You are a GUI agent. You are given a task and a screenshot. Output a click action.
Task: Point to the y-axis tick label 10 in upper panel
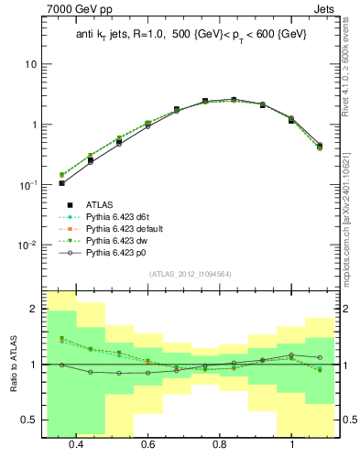click(31, 65)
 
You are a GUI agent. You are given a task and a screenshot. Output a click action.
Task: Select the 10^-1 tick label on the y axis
click(28, 185)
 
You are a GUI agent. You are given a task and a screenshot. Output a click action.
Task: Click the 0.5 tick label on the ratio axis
click(31, 420)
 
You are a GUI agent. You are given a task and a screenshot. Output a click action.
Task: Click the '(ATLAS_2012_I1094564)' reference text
click(189, 274)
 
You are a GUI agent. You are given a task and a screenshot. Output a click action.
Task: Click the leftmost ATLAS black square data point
click(61, 183)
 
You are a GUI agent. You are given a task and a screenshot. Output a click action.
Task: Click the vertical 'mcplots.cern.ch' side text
click(352, 229)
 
